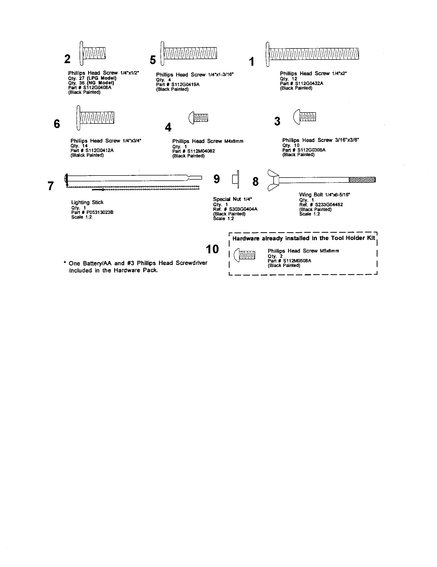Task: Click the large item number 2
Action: point(67,59)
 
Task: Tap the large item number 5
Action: point(153,60)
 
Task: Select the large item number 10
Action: point(212,249)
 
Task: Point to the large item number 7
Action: point(51,186)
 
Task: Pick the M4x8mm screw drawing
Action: point(198,118)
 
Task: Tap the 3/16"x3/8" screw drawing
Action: point(305,117)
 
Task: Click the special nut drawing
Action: point(235,179)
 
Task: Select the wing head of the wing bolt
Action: point(273,180)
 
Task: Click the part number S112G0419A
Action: point(186,85)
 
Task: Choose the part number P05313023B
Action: point(100,212)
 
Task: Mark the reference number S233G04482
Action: point(329,205)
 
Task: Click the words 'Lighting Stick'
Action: point(87,202)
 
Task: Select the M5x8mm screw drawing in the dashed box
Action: point(245,255)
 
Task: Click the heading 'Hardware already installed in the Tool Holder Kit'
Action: point(304,238)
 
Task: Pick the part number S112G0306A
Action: point(312,150)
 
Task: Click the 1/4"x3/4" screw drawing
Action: point(96,118)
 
